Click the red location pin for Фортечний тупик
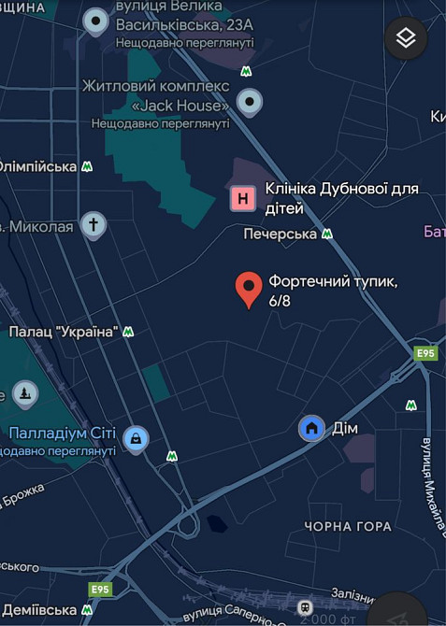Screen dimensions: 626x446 pyautogui.click(x=248, y=289)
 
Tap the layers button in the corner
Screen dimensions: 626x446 pyautogui.click(x=406, y=38)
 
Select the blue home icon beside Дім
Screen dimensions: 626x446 pyautogui.click(x=312, y=428)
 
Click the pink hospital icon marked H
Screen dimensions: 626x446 pyautogui.click(x=243, y=198)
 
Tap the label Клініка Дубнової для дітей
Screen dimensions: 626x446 pyautogui.click(x=340, y=198)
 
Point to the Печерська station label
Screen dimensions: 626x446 pyautogui.click(x=281, y=233)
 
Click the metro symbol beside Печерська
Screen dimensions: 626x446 pyautogui.click(x=327, y=234)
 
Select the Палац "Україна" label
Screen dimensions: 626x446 pyautogui.click(x=63, y=331)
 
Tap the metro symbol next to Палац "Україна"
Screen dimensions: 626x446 pyautogui.click(x=128, y=332)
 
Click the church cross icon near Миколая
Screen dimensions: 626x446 pyautogui.click(x=93, y=224)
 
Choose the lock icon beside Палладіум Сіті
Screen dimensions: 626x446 pyautogui.click(x=137, y=438)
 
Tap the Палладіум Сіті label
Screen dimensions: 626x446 pyautogui.click(x=63, y=434)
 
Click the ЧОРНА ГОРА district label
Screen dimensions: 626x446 pyautogui.click(x=348, y=526)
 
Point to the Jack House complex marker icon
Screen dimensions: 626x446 pyautogui.click(x=249, y=101)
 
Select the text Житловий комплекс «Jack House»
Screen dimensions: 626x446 pyautogui.click(x=155, y=94)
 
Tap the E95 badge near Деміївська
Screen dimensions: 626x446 pyautogui.click(x=100, y=590)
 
